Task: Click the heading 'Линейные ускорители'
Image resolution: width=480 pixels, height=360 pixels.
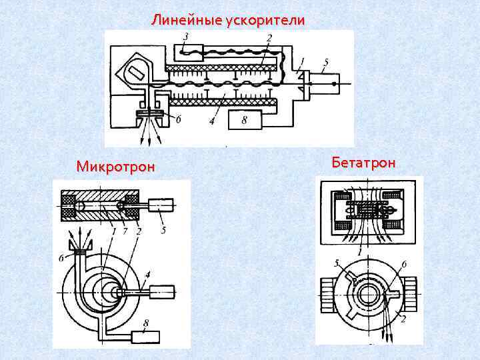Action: coord(229,20)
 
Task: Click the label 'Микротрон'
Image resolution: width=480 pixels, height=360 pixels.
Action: coord(115,166)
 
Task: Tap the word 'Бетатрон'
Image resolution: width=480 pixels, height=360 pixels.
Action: coord(363,163)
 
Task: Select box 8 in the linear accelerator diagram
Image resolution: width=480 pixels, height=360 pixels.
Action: coord(244,121)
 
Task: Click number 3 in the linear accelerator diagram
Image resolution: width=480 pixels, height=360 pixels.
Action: coord(185,36)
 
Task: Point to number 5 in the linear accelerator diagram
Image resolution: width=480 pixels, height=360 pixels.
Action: coord(325,63)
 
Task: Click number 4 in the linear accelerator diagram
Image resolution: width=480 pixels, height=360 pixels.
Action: coord(212,122)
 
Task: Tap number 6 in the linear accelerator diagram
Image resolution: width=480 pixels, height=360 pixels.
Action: coord(177,119)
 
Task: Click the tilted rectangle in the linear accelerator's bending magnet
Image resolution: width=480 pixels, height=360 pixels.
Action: coord(137,71)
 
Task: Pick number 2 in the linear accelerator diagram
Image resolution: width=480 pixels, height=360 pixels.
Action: coord(269,38)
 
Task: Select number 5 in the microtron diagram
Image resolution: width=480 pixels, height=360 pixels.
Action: coord(164,231)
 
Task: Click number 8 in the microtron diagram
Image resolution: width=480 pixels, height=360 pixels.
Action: coord(145,321)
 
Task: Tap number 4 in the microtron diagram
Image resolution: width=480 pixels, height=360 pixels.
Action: coord(147,273)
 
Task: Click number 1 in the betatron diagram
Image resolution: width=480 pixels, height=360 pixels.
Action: coord(360,252)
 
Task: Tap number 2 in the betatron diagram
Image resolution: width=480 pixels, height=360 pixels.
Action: coord(404,319)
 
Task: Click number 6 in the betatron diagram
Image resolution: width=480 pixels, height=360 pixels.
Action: coord(403,265)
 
